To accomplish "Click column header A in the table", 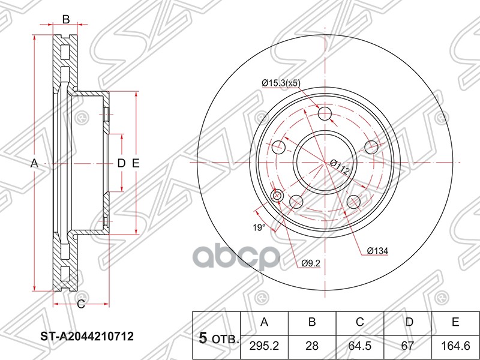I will point(264,322).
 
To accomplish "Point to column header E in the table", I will point(456,322).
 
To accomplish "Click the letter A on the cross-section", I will point(34,163).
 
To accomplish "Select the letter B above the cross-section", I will point(66,19).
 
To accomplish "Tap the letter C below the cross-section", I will point(80,304).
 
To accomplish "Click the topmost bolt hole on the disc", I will point(325,114).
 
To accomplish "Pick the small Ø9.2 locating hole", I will point(277,196).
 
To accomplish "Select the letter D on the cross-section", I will point(121,163).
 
